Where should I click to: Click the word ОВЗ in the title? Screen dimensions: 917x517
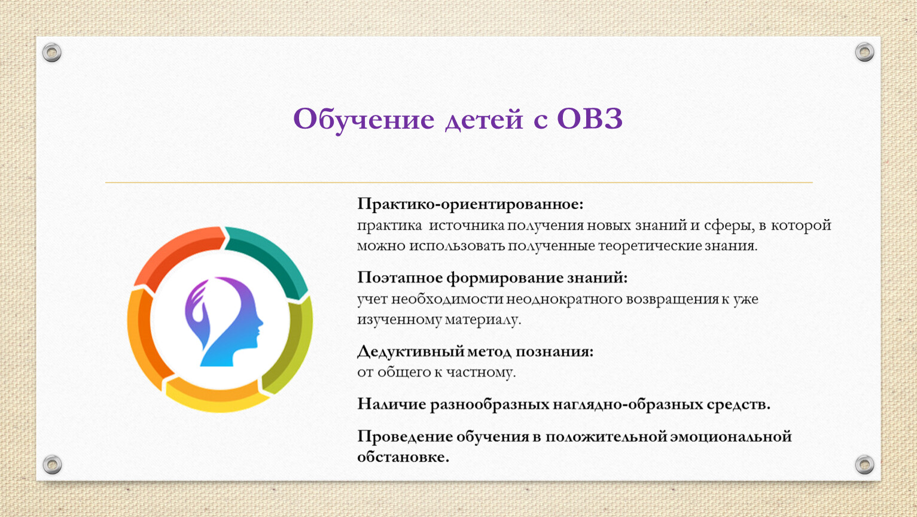[590, 119]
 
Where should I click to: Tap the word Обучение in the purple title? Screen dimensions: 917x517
[364, 119]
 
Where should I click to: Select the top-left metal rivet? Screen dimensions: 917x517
[52, 53]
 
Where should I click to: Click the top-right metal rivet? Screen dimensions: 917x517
[864, 52]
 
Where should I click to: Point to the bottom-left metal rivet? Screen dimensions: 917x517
[53, 464]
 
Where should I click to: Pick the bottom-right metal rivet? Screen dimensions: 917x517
[864, 464]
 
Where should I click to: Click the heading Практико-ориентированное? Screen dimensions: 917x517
[470, 203]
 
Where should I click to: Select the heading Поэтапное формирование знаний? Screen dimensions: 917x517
[492, 277]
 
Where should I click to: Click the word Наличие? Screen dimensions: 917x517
[391, 404]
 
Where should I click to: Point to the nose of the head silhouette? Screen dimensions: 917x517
[260, 323]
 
